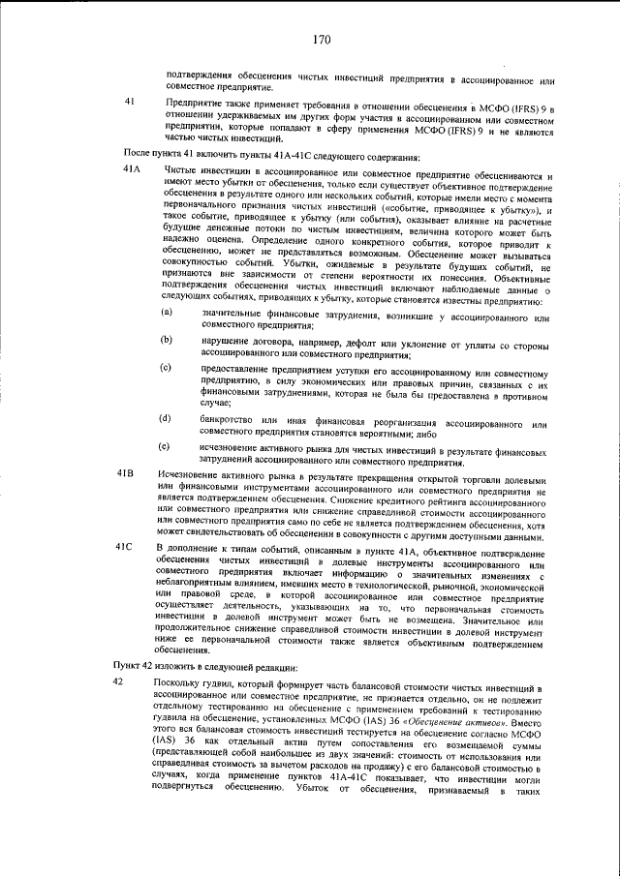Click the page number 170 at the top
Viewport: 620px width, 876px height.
coord(323,40)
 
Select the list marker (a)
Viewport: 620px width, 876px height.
coord(166,312)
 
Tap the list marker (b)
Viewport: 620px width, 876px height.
coord(166,340)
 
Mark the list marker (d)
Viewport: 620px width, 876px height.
coord(166,418)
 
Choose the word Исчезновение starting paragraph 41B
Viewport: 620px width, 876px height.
coord(186,473)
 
